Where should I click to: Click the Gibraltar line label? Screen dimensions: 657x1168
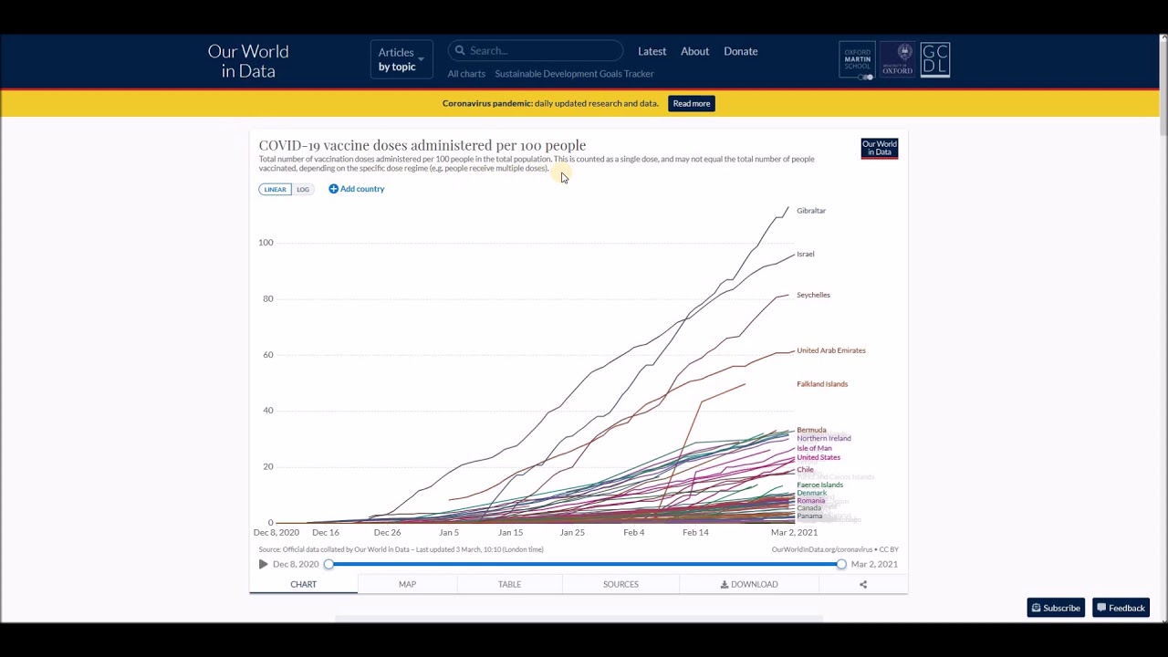click(810, 211)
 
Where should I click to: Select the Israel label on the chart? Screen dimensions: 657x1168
click(805, 255)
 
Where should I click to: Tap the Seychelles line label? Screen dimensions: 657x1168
click(813, 295)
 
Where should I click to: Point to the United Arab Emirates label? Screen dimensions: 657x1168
click(830, 350)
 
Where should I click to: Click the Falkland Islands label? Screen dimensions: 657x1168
click(821, 384)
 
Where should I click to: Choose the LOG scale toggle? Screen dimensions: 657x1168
click(303, 190)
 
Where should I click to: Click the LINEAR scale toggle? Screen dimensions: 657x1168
click(275, 190)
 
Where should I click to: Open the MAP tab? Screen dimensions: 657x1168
click(407, 584)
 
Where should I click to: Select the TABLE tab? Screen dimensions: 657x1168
click(509, 584)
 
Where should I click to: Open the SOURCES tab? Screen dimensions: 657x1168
click(620, 584)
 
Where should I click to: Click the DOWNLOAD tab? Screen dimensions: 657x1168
click(749, 584)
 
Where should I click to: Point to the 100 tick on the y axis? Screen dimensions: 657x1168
click(266, 243)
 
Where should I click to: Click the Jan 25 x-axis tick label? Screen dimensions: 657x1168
click(572, 533)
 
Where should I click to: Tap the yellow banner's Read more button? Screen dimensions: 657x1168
click(691, 104)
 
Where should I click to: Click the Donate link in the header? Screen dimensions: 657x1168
click(740, 52)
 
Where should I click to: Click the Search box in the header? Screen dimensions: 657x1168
click(538, 51)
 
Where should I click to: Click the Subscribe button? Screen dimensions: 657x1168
click(1056, 609)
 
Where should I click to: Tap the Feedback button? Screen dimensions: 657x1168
click(1121, 609)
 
